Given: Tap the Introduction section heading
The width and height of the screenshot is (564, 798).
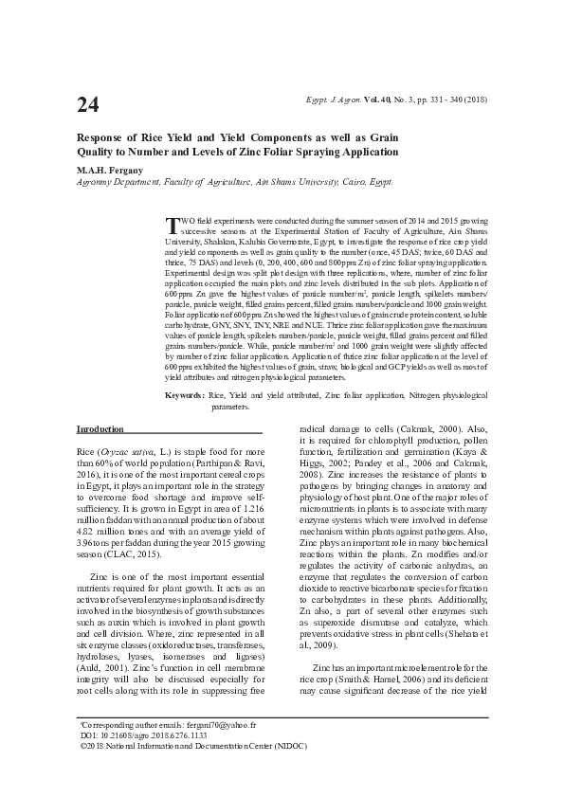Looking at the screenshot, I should coord(100,429).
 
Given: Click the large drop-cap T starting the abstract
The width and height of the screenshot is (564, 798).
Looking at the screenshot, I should coord(171,225).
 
